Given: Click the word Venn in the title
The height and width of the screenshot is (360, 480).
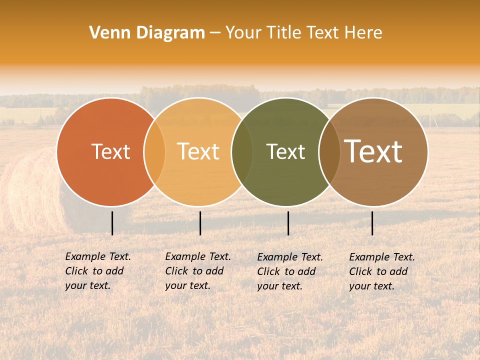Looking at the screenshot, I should [x=107, y=33].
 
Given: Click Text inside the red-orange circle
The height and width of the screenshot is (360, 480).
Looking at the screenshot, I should [x=110, y=152].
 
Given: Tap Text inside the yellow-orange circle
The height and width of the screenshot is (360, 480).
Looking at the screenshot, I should [x=198, y=152].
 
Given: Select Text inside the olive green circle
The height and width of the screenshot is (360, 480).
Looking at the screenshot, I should [x=285, y=152].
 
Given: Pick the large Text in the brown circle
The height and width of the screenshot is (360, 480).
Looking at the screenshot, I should [x=373, y=151].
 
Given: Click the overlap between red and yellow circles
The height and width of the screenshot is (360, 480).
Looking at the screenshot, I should [x=154, y=152].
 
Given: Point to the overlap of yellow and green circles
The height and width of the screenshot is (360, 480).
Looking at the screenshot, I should [x=242, y=152].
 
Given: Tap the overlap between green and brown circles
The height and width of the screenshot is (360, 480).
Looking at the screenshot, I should [x=329, y=152].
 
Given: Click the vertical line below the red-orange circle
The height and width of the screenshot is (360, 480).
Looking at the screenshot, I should [x=112, y=223].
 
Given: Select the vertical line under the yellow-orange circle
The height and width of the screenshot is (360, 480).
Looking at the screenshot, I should [x=200, y=223].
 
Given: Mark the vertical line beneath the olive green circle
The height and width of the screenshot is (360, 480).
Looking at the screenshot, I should [x=288, y=223].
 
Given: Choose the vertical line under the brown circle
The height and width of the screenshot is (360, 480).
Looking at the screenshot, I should [x=372, y=223].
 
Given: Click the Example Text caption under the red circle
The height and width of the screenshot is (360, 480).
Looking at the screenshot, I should [x=97, y=271].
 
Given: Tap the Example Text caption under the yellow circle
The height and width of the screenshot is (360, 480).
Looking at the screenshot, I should [x=197, y=271].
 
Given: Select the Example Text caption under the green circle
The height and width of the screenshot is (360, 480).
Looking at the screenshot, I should [x=289, y=271].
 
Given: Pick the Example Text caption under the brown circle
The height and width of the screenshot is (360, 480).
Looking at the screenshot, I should [x=381, y=271].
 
